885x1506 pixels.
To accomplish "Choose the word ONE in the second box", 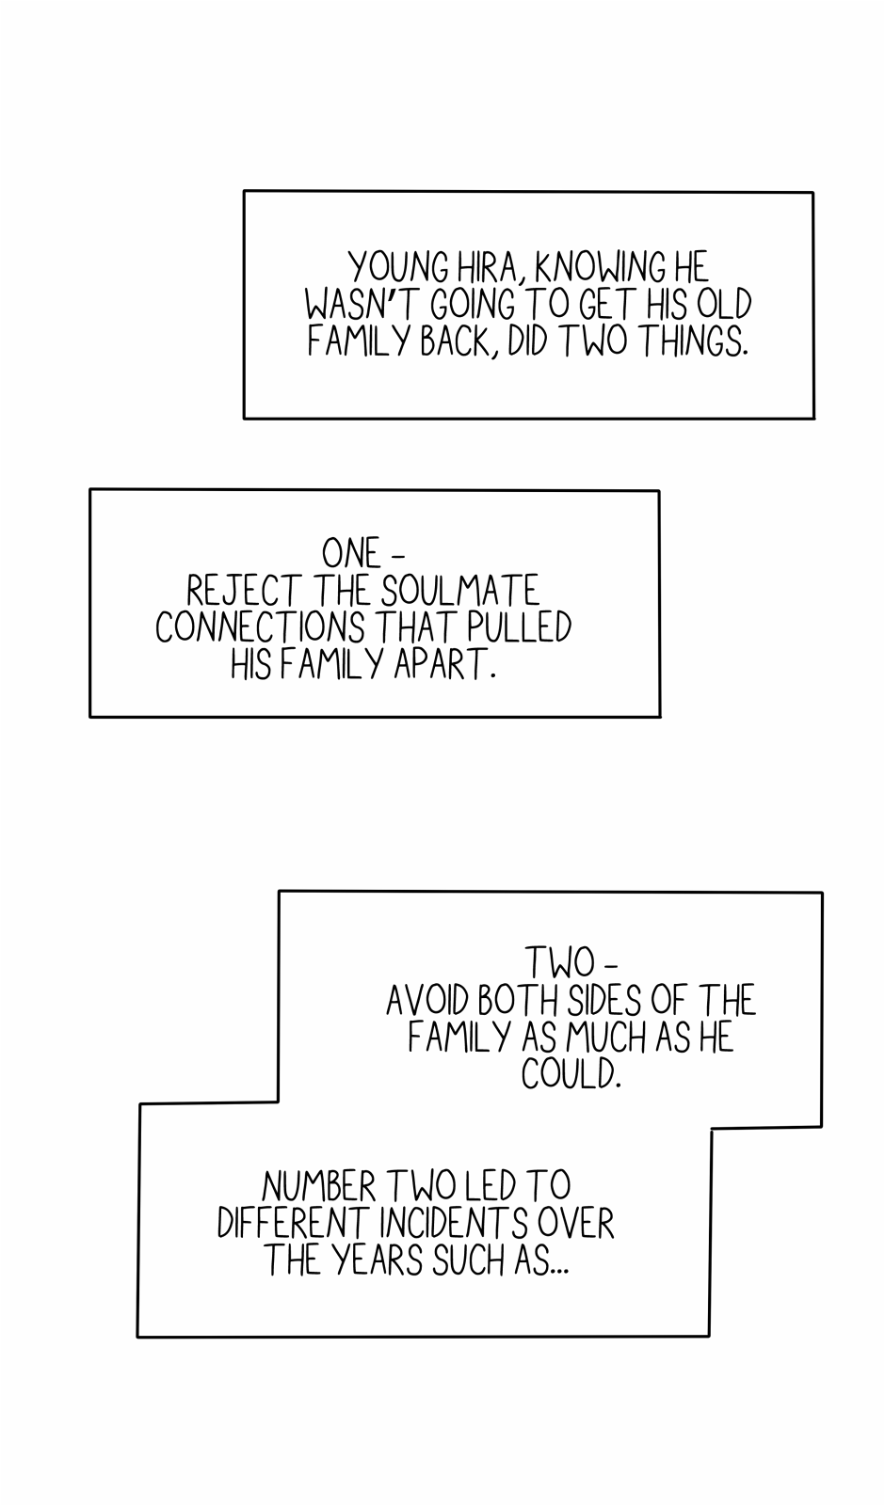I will click(350, 553).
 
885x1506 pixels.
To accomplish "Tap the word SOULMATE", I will click(460, 591).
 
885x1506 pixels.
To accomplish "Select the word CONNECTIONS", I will click(260, 627).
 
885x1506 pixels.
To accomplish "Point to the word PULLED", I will click(528, 627).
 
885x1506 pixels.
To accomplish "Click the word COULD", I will click(571, 1074).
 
